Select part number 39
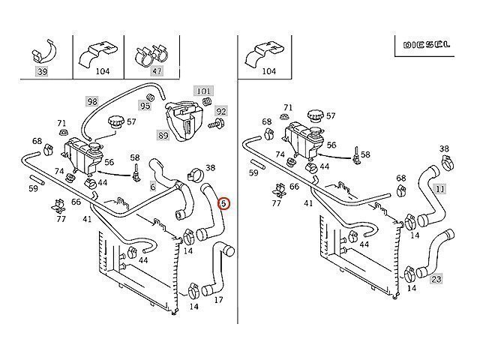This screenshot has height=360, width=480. (41, 71)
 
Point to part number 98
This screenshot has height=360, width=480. (91, 101)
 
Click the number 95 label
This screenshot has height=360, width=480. (145, 106)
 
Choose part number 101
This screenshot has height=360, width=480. (205, 91)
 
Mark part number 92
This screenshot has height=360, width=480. (220, 111)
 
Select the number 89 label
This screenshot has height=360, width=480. (162, 135)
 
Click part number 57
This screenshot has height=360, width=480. (131, 121)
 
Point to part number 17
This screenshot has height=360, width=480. (219, 301)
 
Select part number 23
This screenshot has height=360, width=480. (436, 280)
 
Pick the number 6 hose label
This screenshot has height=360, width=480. (152, 187)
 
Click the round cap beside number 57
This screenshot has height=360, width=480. (115, 121)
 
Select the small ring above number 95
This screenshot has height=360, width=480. (149, 97)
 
